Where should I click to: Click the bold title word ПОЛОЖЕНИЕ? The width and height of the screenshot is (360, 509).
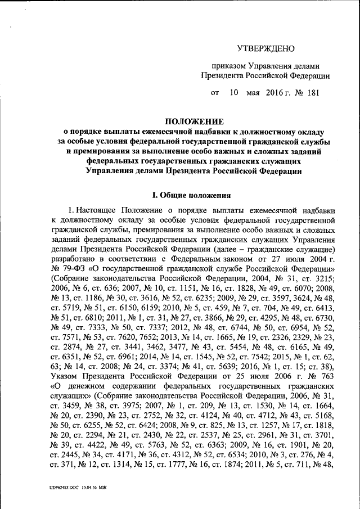pyautogui.click(x=193, y=121)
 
